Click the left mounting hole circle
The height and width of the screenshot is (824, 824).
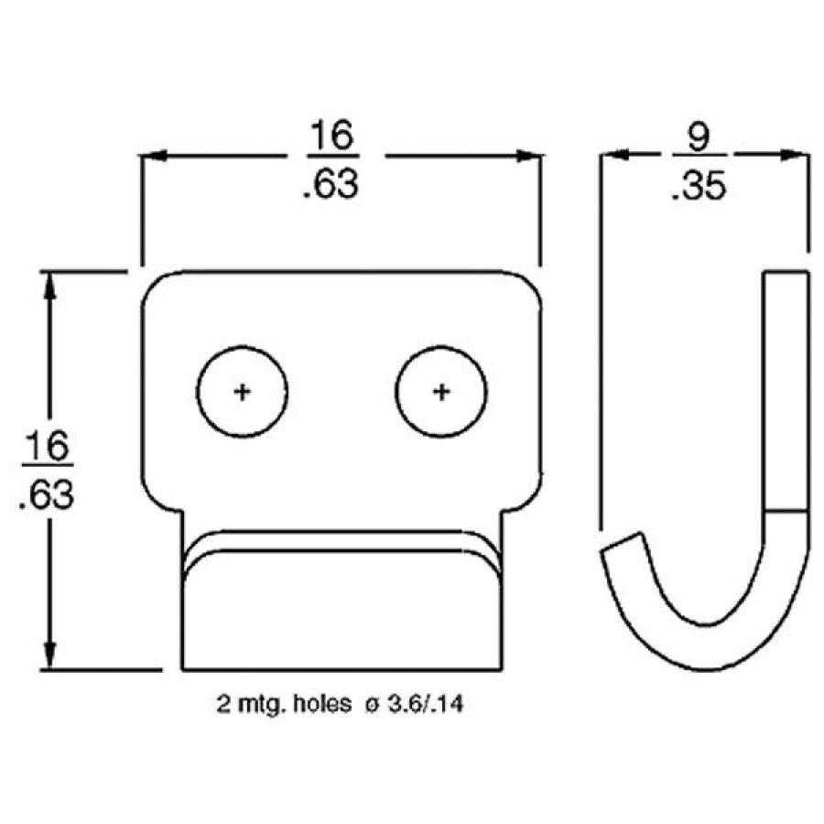point(243,392)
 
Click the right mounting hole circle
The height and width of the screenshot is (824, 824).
point(441,392)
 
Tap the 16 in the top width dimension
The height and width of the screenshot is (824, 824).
point(330,137)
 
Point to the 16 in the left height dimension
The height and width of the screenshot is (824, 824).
point(46,449)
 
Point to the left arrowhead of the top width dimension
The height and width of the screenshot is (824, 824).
point(151,157)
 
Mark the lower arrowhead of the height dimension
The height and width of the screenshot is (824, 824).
point(51,658)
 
